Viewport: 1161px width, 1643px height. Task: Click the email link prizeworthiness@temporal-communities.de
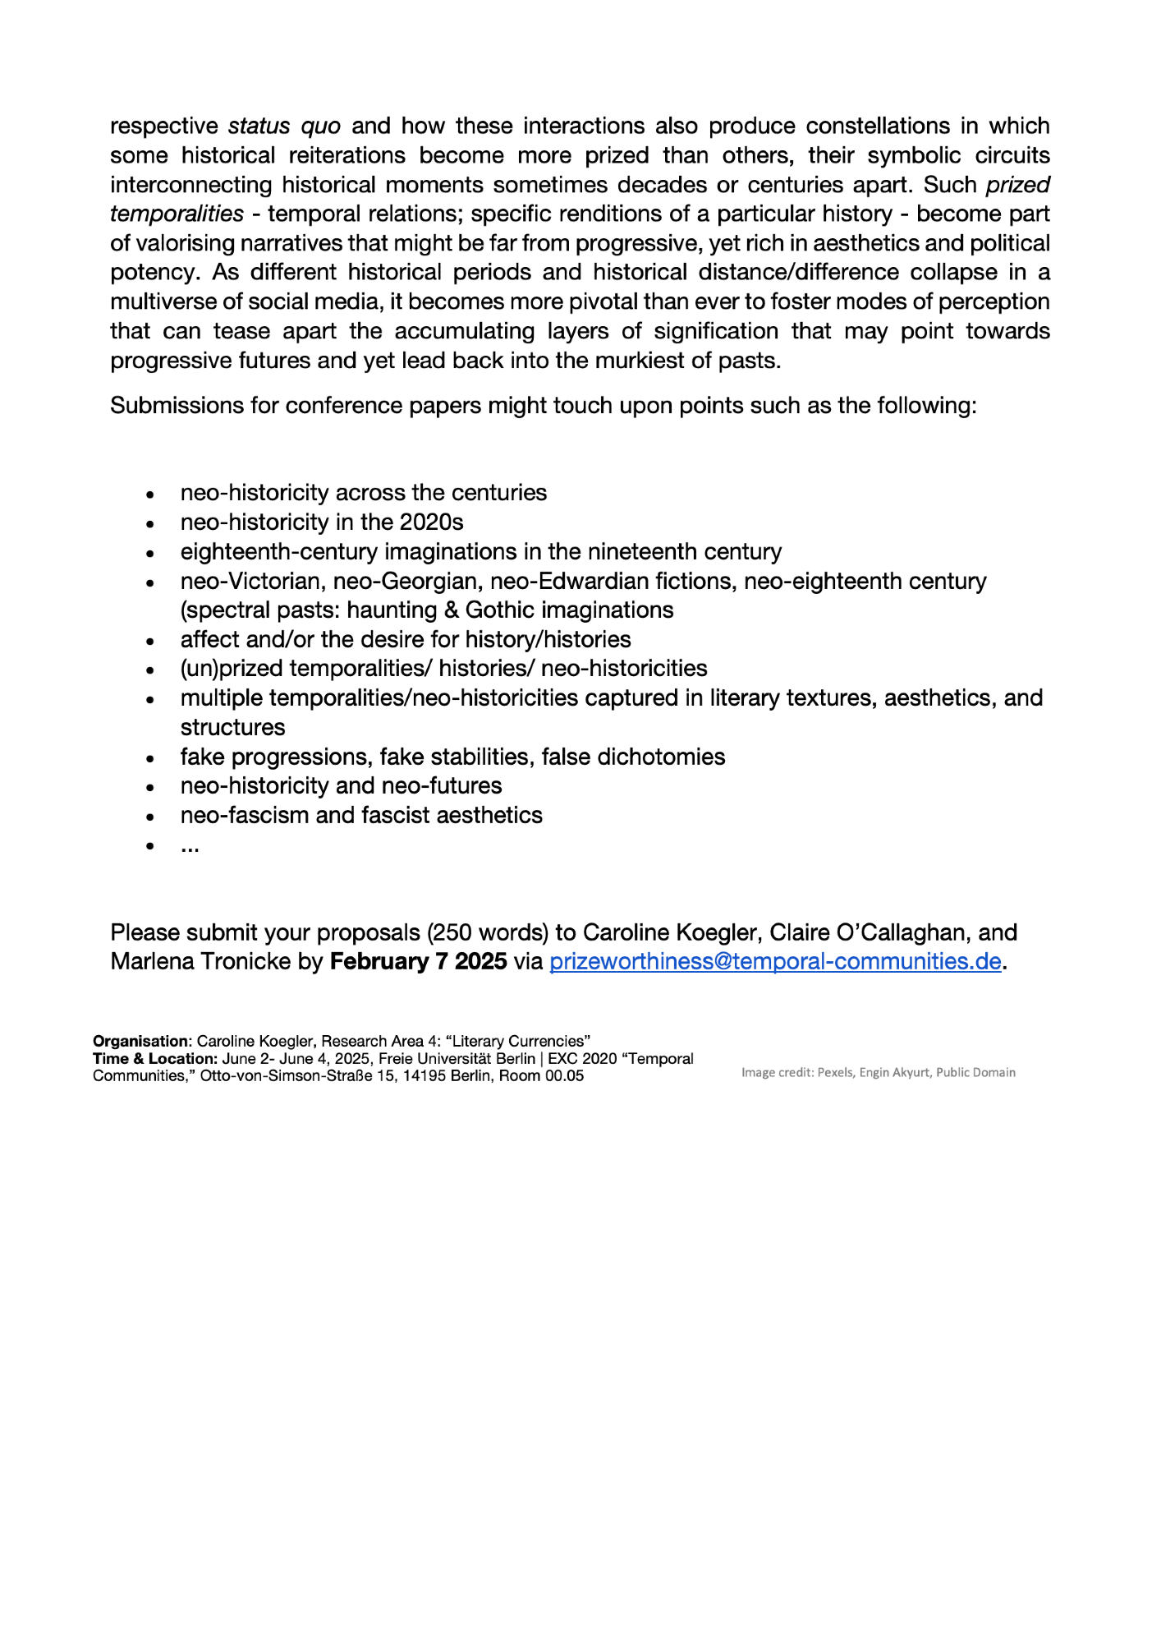tap(775, 961)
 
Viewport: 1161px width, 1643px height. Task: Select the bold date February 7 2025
tap(418, 961)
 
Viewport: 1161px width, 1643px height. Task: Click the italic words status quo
tap(284, 126)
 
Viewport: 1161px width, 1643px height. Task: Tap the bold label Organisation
tap(140, 1042)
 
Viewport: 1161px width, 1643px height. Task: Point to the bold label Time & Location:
tap(154, 1059)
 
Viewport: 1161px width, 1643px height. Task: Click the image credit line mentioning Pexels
tap(878, 1072)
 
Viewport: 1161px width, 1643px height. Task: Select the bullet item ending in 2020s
tap(322, 522)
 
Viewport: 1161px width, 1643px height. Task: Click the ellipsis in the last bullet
tap(190, 845)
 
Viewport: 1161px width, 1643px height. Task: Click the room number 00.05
tap(564, 1076)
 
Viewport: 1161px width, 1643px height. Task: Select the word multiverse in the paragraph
tap(163, 301)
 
